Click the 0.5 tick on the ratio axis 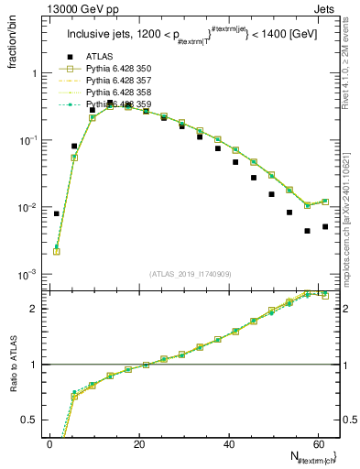pyautogui.click(x=33, y=420)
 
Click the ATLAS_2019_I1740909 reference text pyautogui.click(x=191, y=274)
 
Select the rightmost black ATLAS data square pyautogui.click(x=325, y=226)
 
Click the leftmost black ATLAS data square pyautogui.click(x=57, y=213)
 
